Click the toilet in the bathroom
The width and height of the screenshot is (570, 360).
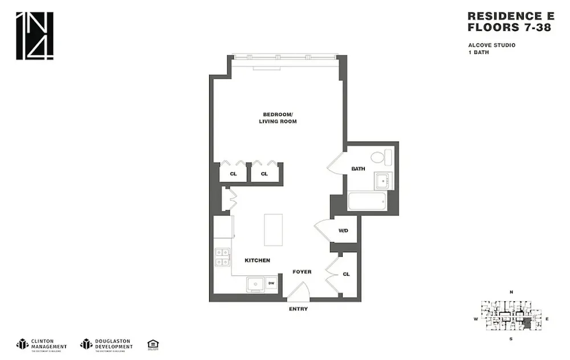coord(381,157)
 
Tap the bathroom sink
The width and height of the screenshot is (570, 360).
coord(381,182)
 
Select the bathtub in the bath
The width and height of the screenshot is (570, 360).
coord(368,202)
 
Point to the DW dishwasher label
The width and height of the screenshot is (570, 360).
coord(271,283)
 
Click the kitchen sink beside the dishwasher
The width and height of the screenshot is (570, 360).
coord(255,283)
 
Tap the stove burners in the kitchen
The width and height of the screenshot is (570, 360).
coord(222,257)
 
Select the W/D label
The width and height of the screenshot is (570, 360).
coord(343,231)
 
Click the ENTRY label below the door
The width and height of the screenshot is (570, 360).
coord(298,309)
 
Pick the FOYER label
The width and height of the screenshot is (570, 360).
coord(302,272)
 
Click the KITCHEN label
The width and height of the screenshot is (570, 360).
coord(257,260)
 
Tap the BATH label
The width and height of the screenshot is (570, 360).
coord(358,169)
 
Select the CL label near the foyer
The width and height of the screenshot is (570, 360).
coord(346,274)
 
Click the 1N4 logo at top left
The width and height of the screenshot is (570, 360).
coord(34,35)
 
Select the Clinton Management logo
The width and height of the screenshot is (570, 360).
coord(42,343)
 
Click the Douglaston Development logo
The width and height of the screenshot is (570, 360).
coord(107,343)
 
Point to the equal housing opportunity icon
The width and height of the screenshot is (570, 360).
coord(152,343)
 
